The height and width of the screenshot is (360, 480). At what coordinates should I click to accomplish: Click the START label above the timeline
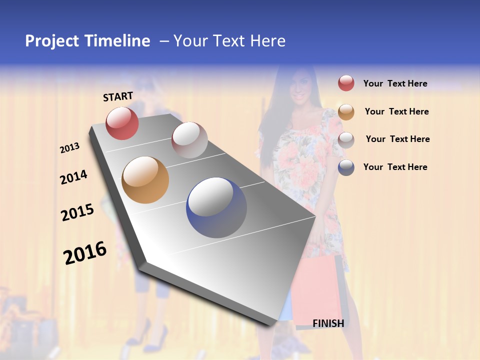[118, 96]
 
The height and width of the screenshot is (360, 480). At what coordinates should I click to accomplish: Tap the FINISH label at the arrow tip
[328, 323]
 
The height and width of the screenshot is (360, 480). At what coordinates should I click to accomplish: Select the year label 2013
[69, 148]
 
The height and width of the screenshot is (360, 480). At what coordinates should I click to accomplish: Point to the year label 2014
[73, 177]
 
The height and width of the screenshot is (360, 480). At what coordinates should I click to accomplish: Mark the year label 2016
[85, 252]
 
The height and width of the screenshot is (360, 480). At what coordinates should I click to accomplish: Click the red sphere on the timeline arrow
[122, 123]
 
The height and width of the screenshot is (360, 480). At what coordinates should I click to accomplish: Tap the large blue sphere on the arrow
[216, 207]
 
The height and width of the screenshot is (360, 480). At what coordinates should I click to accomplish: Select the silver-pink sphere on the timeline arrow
[189, 140]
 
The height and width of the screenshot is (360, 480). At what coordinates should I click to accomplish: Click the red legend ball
[346, 83]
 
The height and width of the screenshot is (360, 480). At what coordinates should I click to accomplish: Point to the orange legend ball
[346, 112]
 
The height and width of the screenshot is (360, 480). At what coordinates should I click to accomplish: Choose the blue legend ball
[346, 167]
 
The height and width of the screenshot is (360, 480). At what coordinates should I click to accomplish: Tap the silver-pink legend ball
[346, 140]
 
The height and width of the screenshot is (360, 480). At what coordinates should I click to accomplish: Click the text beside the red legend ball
[395, 84]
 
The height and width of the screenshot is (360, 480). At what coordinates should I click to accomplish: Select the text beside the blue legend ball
[395, 167]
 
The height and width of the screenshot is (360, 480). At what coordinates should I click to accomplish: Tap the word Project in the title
[52, 41]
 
